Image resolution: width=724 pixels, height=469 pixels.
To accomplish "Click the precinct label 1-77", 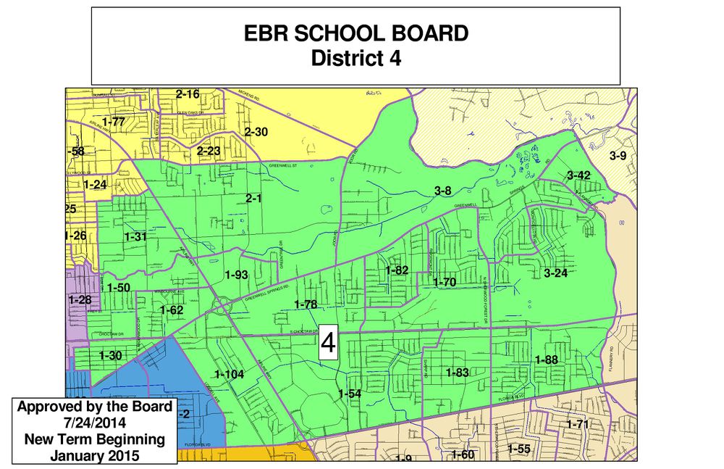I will click(114, 122).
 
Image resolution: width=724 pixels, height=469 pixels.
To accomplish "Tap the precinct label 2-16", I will click(188, 94).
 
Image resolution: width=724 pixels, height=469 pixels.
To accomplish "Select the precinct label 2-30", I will click(256, 132).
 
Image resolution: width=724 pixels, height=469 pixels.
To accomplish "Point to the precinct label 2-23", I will click(209, 151).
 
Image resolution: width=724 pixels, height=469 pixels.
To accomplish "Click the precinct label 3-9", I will click(618, 156).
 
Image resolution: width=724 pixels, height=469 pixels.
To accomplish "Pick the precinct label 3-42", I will click(578, 175).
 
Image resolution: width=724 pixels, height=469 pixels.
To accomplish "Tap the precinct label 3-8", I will click(443, 191).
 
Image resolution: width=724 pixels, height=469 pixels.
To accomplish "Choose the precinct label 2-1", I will click(253, 198).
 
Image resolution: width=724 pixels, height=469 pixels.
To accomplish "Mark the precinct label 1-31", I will click(135, 237).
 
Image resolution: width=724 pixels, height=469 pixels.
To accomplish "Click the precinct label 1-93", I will click(236, 275).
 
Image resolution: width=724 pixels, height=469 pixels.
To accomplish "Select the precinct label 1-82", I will click(397, 270).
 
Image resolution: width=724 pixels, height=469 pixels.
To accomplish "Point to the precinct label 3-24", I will click(555, 273).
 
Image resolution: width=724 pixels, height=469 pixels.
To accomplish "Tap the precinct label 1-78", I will click(306, 304).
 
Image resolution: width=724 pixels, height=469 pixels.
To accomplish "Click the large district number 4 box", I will click(329, 343).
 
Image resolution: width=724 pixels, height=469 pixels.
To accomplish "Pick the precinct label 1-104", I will click(230, 374).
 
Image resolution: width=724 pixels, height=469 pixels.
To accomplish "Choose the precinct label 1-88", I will click(546, 360).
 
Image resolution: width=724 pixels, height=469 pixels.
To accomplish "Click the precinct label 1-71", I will click(578, 424).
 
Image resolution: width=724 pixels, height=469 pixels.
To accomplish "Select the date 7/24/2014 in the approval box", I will click(94, 423).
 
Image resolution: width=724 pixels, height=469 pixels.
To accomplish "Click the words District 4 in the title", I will click(355, 58).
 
